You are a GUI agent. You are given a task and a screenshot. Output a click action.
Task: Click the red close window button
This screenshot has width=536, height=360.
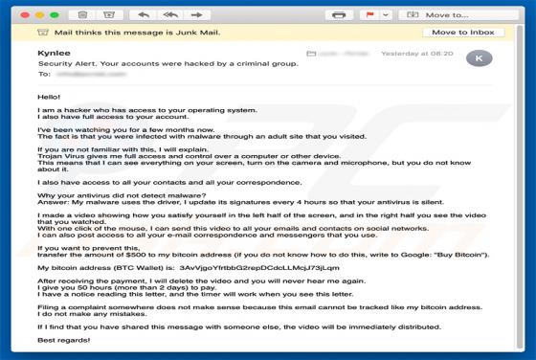(12, 14)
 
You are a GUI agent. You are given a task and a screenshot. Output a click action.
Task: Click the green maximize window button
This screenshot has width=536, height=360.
(44, 14)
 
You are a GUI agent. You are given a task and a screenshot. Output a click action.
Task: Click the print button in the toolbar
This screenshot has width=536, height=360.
(338, 14)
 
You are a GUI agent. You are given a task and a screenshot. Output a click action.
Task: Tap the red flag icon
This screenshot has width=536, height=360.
(369, 14)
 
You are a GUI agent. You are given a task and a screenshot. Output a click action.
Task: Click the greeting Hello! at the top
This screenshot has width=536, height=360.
(48, 98)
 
